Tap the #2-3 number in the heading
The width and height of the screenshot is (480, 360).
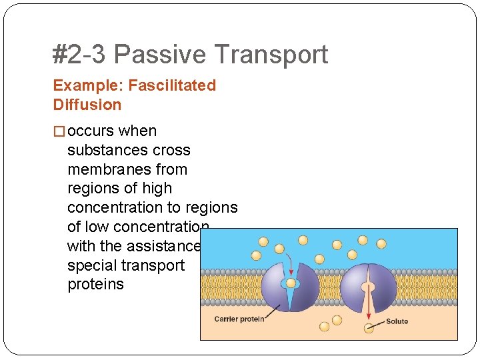coord(79,55)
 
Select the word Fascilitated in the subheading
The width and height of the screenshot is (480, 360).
coord(172,85)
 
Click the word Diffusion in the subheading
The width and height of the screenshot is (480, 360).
coord(87,105)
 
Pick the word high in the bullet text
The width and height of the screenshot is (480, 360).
coord(157,189)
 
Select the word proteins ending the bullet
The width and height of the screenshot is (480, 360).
coord(95,285)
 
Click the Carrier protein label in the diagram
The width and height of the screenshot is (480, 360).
coord(239,319)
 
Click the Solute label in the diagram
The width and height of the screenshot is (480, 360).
coord(397,321)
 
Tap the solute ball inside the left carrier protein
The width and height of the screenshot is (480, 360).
coord(291,283)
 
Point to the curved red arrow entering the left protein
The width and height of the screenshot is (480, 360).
coord(286,261)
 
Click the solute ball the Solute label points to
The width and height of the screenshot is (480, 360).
coord(369,327)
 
